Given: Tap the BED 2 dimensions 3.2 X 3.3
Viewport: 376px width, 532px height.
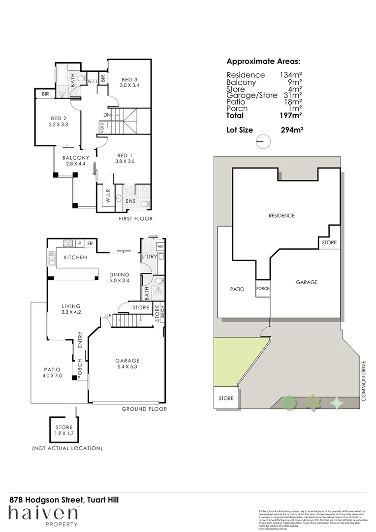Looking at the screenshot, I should (x=59, y=125).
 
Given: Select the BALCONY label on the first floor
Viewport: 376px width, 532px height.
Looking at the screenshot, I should (x=75, y=158).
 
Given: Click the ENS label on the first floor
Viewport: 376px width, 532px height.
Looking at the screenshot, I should (x=130, y=201).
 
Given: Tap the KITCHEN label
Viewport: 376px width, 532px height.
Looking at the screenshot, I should (x=75, y=258).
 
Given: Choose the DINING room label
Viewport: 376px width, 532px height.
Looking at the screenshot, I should (x=120, y=274).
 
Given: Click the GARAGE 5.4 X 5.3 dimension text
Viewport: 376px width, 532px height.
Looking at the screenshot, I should (x=128, y=366).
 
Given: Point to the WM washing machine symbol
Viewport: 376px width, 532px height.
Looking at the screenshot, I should (x=160, y=246).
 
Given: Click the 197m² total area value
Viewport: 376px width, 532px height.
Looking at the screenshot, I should (x=290, y=115).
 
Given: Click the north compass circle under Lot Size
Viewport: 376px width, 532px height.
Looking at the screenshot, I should (x=263, y=141).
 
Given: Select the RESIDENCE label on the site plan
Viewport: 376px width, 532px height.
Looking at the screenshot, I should (x=282, y=216).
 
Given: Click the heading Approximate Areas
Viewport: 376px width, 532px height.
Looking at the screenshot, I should (x=263, y=62).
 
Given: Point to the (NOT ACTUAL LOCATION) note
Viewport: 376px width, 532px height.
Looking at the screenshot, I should (x=67, y=448).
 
